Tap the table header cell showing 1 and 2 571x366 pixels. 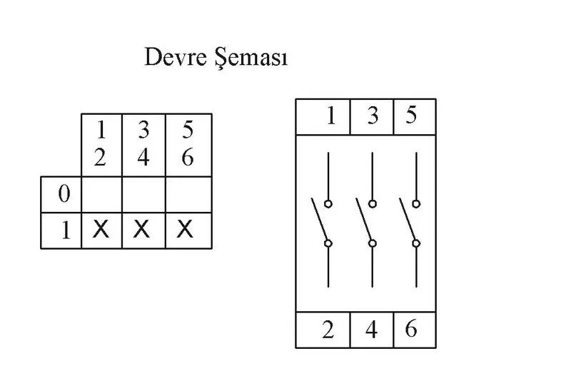101,145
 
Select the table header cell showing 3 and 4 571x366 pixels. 143,145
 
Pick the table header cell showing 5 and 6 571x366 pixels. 188,145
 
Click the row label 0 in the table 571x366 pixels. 64,194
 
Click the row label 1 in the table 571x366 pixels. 66,230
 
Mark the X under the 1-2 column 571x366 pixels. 101,230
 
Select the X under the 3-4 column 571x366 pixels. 141,230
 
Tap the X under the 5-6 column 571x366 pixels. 185,230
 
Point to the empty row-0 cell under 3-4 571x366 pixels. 143,195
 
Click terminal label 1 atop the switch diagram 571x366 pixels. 330,116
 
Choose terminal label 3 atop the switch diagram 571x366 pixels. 373,116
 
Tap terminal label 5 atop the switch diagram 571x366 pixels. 411,115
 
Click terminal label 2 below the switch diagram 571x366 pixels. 328,330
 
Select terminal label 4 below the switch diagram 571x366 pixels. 371,330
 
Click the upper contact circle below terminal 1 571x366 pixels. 328,204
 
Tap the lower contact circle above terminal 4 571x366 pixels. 372,243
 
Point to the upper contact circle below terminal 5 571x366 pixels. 416,204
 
